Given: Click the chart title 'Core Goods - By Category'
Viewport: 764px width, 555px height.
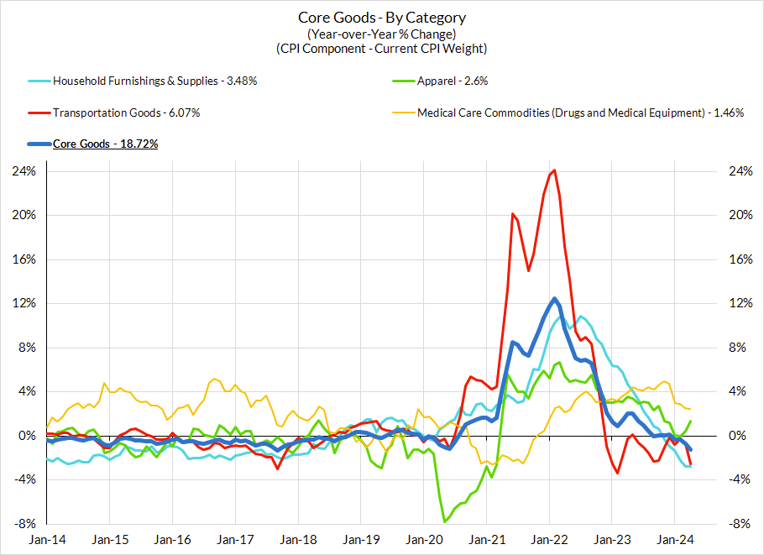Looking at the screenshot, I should coord(382,18).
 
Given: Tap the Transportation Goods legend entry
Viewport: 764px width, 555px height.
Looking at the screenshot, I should coord(126,113).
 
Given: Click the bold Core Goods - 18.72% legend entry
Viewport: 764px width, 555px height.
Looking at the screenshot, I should coord(106,144).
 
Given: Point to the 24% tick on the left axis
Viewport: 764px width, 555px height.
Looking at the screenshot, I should coord(24,171).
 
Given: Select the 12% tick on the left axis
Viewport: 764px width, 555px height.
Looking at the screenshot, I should coord(24,303).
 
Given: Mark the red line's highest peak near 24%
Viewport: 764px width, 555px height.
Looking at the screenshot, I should coord(553,170).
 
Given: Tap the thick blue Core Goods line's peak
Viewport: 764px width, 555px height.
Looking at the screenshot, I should coord(555,298).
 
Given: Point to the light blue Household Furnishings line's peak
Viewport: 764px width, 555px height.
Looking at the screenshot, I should coord(581,317).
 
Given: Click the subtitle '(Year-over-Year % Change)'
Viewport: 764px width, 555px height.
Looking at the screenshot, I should coord(382,34).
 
